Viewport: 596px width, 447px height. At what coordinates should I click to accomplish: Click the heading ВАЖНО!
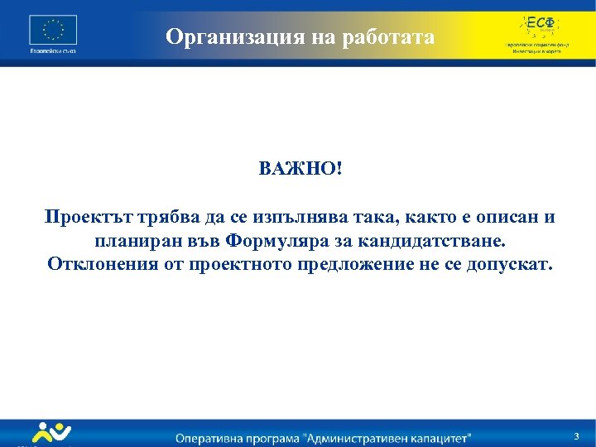(x=299, y=169)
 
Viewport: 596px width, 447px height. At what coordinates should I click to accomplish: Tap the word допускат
(x=511, y=265)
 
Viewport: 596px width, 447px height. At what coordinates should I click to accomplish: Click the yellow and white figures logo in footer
(x=52, y=433)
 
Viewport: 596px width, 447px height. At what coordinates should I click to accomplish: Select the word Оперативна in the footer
(x=215, y=436)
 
